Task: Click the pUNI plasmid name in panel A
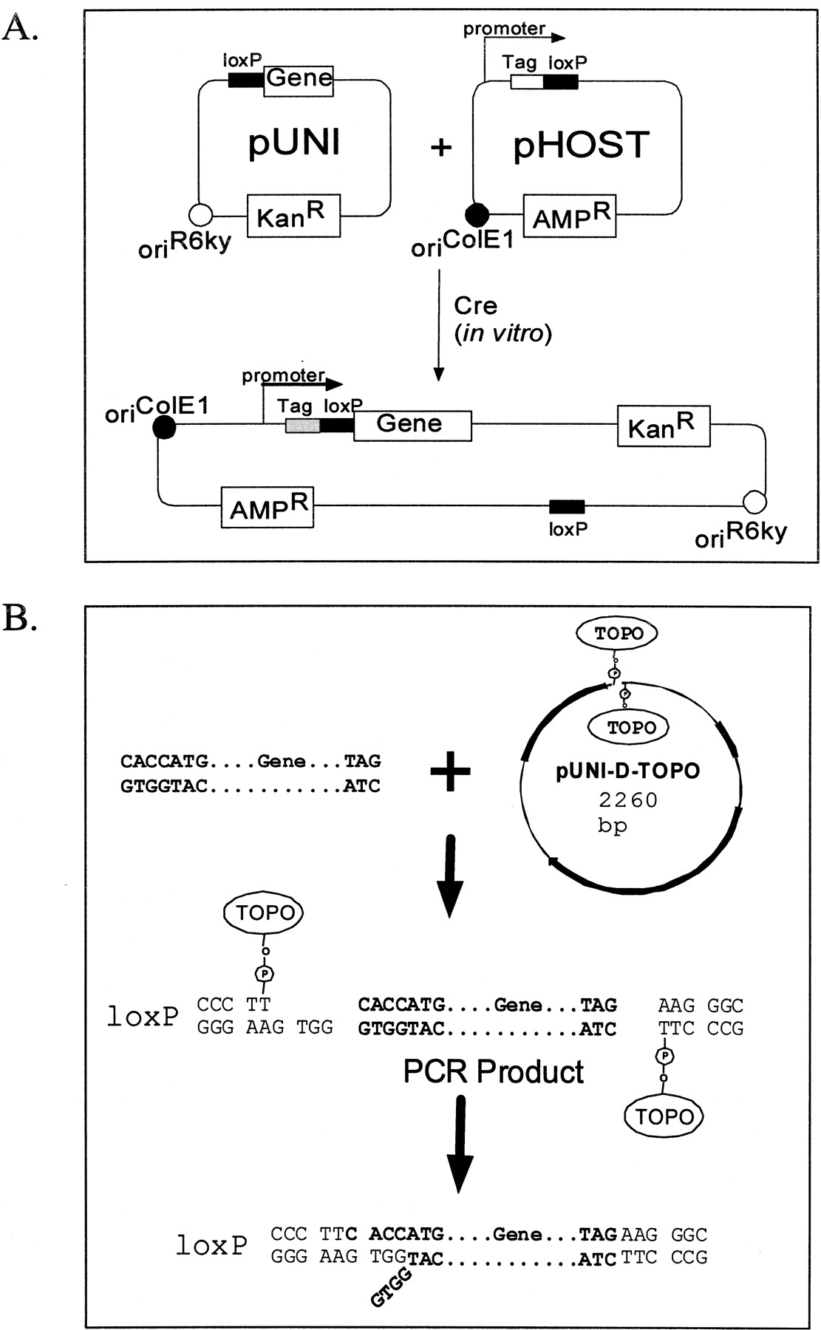point(294,143)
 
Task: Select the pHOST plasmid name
point(581,145)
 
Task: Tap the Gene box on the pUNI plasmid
point(299,78)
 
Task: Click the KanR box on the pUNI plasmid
point(293,216)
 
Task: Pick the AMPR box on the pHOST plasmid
point(570,216)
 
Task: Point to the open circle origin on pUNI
point(201,215)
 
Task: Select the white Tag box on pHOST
point(527,82)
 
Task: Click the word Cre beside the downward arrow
point(475,306)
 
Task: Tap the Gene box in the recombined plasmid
point(412,425)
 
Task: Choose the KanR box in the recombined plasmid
point(663,426)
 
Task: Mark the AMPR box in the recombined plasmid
point(268,507)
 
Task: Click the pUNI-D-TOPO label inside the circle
point(627,771)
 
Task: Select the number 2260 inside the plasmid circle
point(628,799)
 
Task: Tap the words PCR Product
point(493,1071)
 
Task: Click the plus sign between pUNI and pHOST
point(441,147)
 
